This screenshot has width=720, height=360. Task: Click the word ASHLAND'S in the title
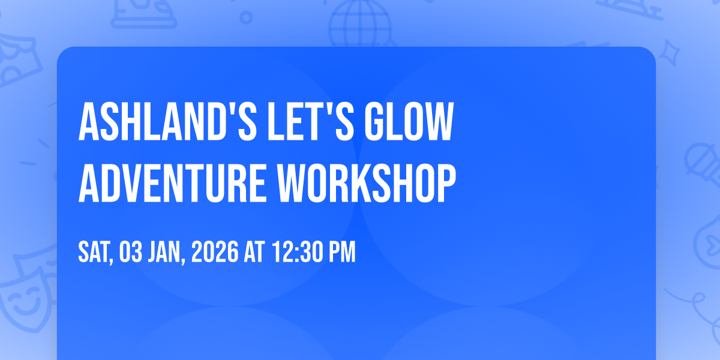167,121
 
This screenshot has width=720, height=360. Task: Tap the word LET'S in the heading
311,121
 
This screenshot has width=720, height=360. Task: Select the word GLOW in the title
409,121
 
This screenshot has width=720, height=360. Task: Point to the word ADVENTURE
172,183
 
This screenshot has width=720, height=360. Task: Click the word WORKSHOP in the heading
367,183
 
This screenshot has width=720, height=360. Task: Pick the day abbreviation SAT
95,253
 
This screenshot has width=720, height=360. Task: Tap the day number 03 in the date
131,252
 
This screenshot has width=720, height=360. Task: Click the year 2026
215,252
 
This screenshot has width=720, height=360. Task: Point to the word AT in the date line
254,252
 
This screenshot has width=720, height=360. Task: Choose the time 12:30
298,252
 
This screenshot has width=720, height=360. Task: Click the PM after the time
343,252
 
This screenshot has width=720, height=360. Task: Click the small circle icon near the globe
246,17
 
